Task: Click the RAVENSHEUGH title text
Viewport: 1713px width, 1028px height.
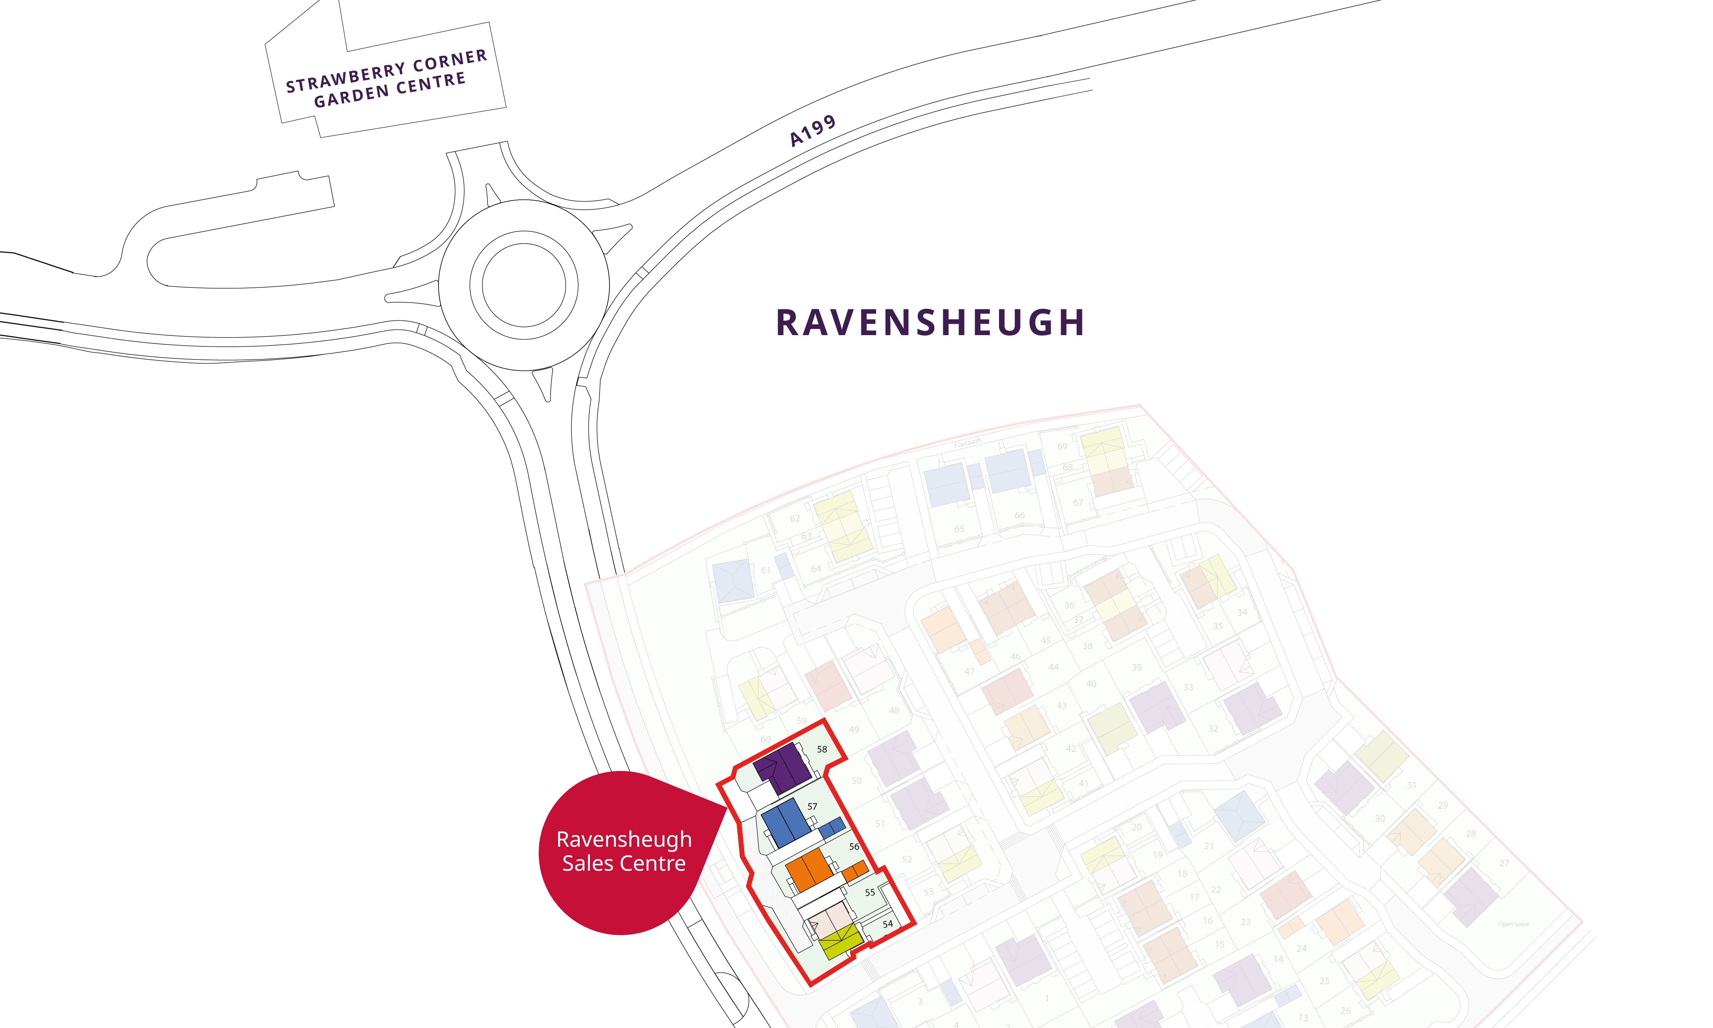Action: [x=930, y=323]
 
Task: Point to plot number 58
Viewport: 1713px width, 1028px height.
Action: [x=822, y=749]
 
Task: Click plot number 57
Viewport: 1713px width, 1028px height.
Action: [x=812, y=806]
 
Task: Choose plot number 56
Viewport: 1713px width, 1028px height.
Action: [x=854, y=846]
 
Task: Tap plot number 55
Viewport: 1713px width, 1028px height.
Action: [x=870, y=892]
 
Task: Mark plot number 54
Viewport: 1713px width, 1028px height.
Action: [x=888, y=924]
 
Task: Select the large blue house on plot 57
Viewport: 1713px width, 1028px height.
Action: [x=786, y=823]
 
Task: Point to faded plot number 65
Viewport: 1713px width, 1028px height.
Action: [x=959, y=528]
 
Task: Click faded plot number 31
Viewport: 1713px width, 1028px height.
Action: [x=1411, y=785]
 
